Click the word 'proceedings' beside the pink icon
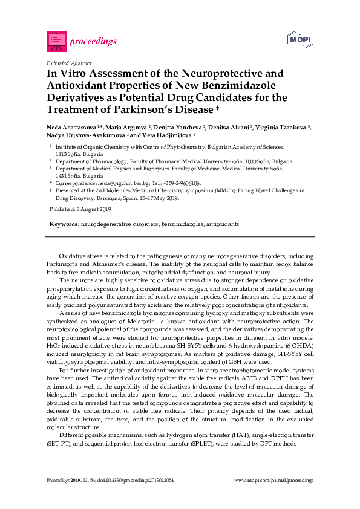point(93,42)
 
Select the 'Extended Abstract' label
point(69,63)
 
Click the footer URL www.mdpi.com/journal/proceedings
point(273,480)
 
